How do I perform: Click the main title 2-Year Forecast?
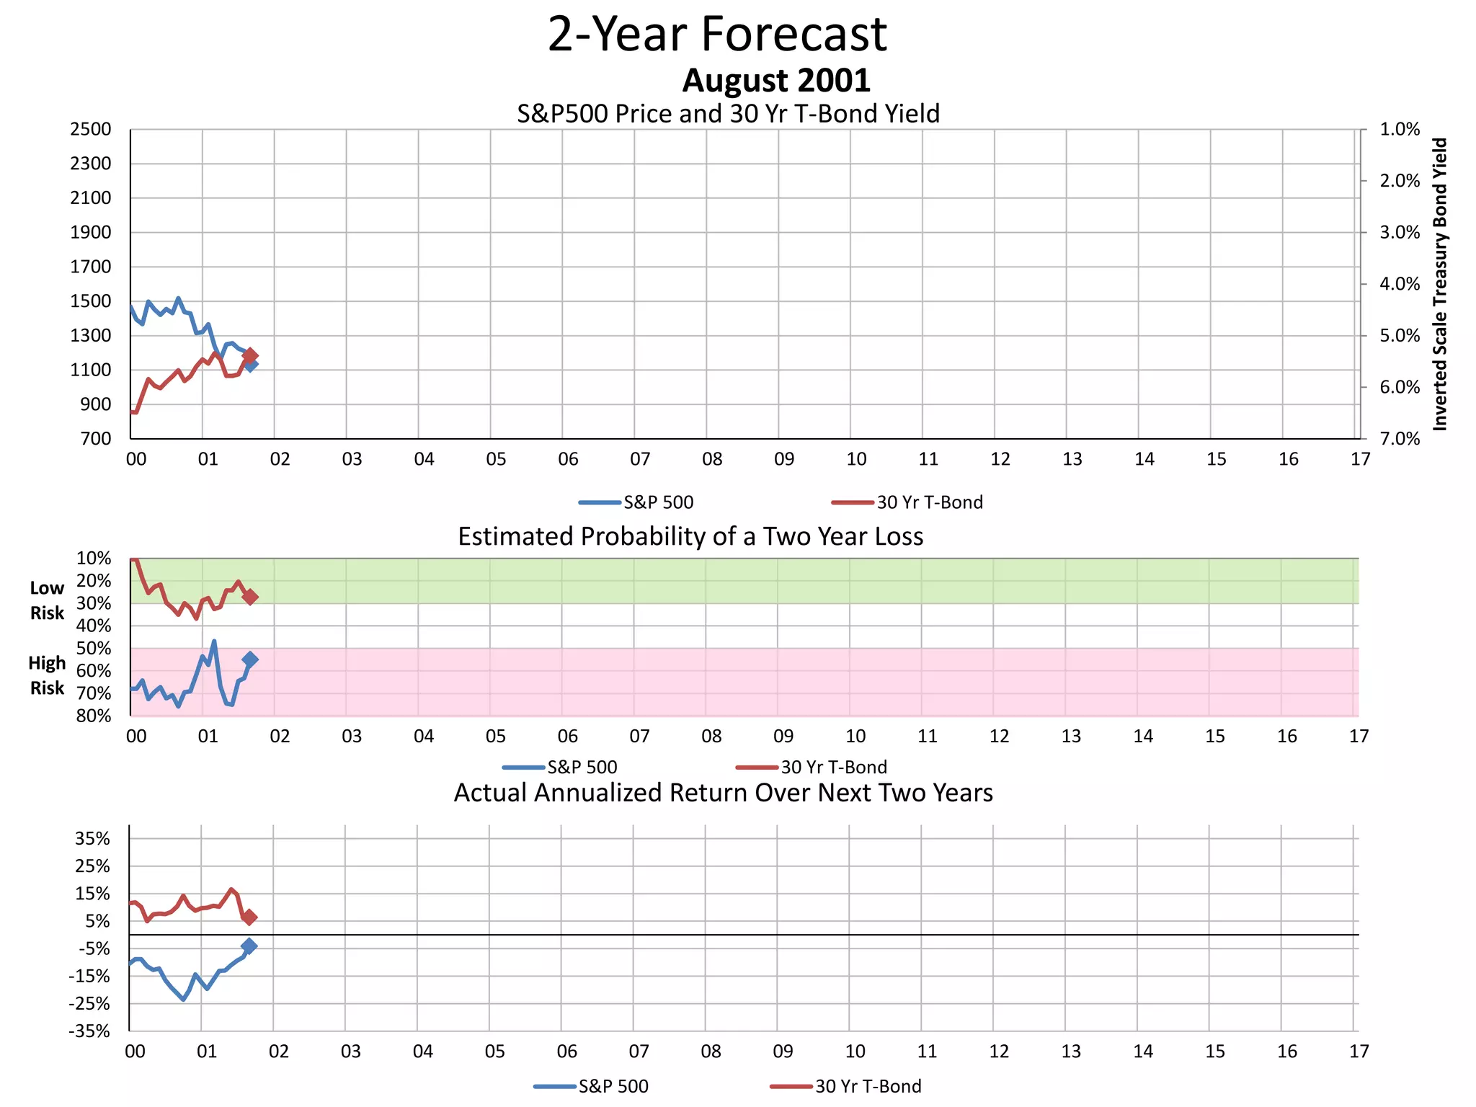coord(717,34)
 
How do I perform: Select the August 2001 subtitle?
coord(776,80)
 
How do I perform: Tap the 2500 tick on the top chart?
coord(91,130)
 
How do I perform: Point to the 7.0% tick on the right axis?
coord(1399,439)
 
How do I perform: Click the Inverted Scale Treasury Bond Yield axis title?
coord(1439,285)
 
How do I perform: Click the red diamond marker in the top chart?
coord(250,355)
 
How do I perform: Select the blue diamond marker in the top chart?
coord(250,365)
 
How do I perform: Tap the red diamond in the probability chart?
coord(250,597)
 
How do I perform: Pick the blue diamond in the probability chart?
coord(250,659)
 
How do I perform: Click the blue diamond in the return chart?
coord(249,946)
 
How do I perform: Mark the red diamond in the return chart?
coord(249,917)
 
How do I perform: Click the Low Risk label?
coord(47,600)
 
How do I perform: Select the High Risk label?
coord(47,675)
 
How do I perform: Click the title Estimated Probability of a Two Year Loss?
coord(690,537)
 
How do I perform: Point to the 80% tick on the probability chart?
coord(94,716)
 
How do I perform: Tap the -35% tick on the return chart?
coord(89,1031)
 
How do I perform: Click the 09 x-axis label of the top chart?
coord(784,459)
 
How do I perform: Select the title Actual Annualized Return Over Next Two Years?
coord(723,793)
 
